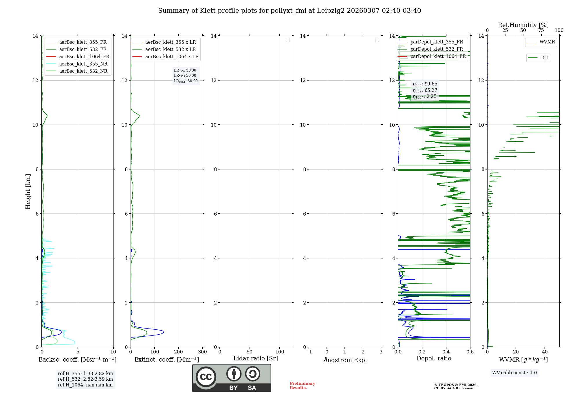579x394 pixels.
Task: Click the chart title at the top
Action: pyautogui.click(x=289, y=11)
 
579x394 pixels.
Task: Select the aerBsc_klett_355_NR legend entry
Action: pyautogui.click(x=83, y=64)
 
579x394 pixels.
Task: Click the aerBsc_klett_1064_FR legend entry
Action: pyautogui.click(x=84, y=56)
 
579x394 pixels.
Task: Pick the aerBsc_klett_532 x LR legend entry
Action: pyautogui.click(x=170, y=49)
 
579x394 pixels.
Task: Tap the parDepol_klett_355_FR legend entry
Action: pyautogui.click(x=437, y=42)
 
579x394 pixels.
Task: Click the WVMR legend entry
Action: pyautogui.click(x=547, y=42)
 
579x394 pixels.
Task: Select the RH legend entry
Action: pyautogui.click(x=544, y=58)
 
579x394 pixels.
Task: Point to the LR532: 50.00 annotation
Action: pyautogui.click(x=185, y=76)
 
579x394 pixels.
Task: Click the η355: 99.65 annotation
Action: pyautogui.click(x=425, y=84)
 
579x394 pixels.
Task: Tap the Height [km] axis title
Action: pyautogui.click(x=28, y=191)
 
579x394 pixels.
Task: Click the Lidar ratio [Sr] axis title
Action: pyautogui.click(x=256, y=358)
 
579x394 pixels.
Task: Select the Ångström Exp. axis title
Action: pyautogui.click(x=345, y=360)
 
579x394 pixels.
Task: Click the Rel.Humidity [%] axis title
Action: pyautogui.click(x=523, y=25)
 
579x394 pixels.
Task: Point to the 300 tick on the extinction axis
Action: pyautogui.click(x=202, y=352)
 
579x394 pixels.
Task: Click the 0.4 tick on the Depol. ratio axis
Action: pyautogui.click(x=446, y=352)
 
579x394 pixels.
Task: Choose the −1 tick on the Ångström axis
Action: pyautogui.click(x=309, y=352)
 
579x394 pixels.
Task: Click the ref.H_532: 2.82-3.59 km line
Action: pyautogui.click(x=85, y=379)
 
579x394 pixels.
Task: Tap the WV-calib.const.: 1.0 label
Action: pyautogui.click(x=514, y=373)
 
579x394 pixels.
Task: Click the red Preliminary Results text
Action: pyautogui.click(x=302, y=385)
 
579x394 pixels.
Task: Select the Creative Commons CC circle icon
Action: pyautogui.click(x=206, y=377)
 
